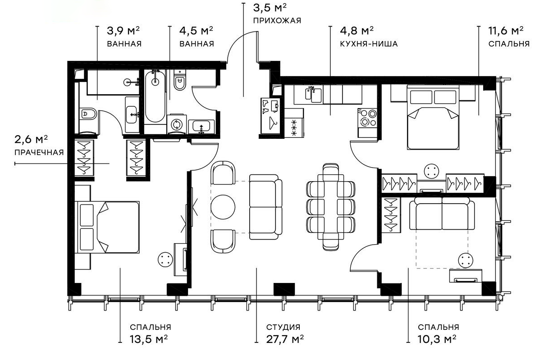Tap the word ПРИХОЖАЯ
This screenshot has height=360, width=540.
(x=277, y=20)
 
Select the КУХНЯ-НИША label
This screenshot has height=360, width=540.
(x=370, y=44)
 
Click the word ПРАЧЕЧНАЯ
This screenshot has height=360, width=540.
(x=39, y=152)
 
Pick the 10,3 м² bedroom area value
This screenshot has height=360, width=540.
(x=438, y=339)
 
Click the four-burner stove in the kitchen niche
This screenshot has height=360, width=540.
(x=367, y=118)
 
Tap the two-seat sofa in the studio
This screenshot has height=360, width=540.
(x=265, y=207)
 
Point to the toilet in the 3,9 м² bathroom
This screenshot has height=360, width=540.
(x=88, y=114)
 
